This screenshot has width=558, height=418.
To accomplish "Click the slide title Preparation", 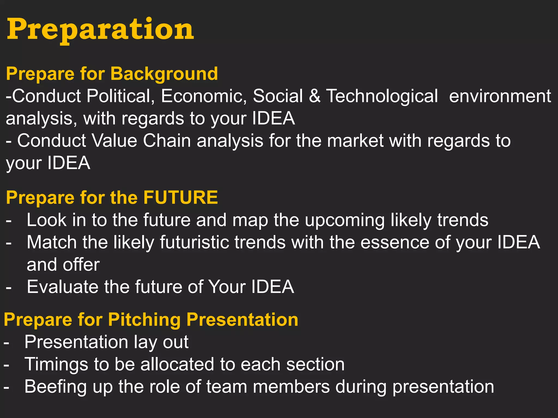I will pyautogui.click(x=100, y=29).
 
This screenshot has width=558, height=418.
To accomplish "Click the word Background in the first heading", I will pyautogui.click(x=164, y=74).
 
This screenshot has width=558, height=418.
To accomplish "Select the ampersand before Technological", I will pyautogui.click(x=314, y=96).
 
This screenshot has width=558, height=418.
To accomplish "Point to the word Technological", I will pyautogui.click(x=382, y=96).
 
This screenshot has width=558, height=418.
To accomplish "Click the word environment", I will pyautogui.click(x=500, y=96).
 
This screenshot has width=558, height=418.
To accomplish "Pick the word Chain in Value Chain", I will pyautogui.click(x=167, y=141).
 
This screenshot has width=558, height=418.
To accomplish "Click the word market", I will pyautogui.click(x=355, y=141).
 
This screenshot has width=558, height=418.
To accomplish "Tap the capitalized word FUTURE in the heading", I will pyautogui.click(x=180, y=197).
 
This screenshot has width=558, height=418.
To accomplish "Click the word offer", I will pyautogui.click(x=81, y=265).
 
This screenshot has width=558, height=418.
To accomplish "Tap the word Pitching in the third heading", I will pyautogui.click(x=144, y=319).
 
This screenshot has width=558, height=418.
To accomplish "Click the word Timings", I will pyautogui.click(x=56, y=365).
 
